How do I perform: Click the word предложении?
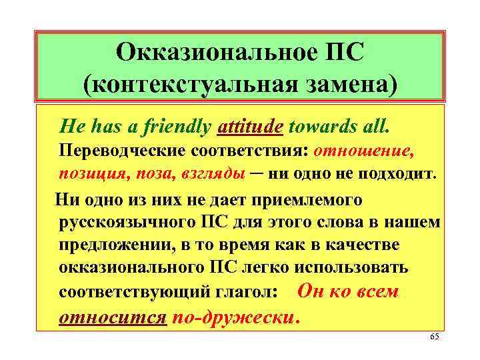[111, 245]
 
